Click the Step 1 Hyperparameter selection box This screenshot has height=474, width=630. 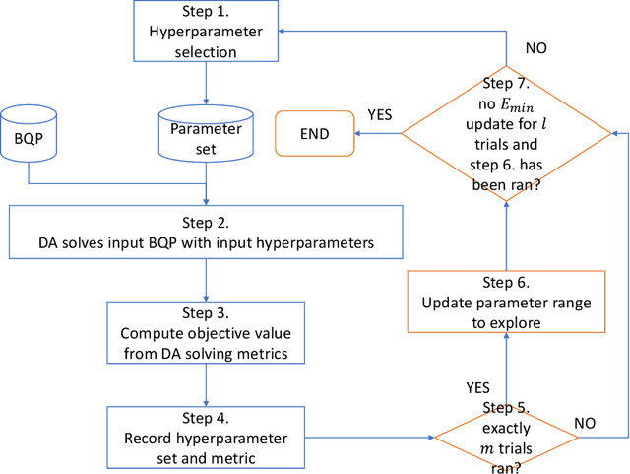click(206, 31)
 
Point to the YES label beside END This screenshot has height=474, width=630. click(381, 113)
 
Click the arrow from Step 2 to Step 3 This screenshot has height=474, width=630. click(206, 280)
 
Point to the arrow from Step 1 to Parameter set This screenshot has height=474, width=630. click(206, 82)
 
